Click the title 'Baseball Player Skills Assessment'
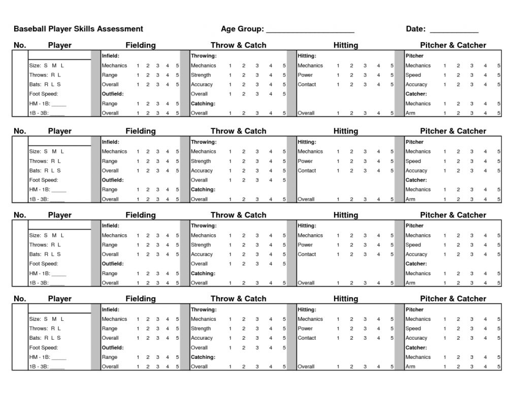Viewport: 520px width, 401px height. pos(78,29)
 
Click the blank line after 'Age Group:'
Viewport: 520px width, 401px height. pos(310,30)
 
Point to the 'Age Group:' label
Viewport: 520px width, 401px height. pos(242,29)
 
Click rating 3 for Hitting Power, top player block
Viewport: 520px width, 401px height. pos(365,75)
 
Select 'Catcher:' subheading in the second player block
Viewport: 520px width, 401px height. pos(416,180)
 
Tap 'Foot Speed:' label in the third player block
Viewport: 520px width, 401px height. pos(44,264)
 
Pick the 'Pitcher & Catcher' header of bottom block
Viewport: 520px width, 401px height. pos(453,299)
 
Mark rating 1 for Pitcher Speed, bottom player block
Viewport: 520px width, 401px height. pos(445,329)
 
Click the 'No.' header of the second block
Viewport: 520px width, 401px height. pos(20,131)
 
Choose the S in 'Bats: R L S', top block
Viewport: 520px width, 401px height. pos(59,85)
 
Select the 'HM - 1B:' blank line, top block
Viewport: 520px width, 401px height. pos(59,104)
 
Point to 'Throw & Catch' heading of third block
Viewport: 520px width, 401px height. pos(238,215)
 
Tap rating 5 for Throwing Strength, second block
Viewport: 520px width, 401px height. pos(284,161)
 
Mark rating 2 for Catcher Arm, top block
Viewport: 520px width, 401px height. pos(458,114)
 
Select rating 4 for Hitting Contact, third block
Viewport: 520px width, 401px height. pos(378,254)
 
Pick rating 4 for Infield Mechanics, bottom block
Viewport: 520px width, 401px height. pos(168,319)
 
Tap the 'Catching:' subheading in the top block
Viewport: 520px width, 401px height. pos(203,104)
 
